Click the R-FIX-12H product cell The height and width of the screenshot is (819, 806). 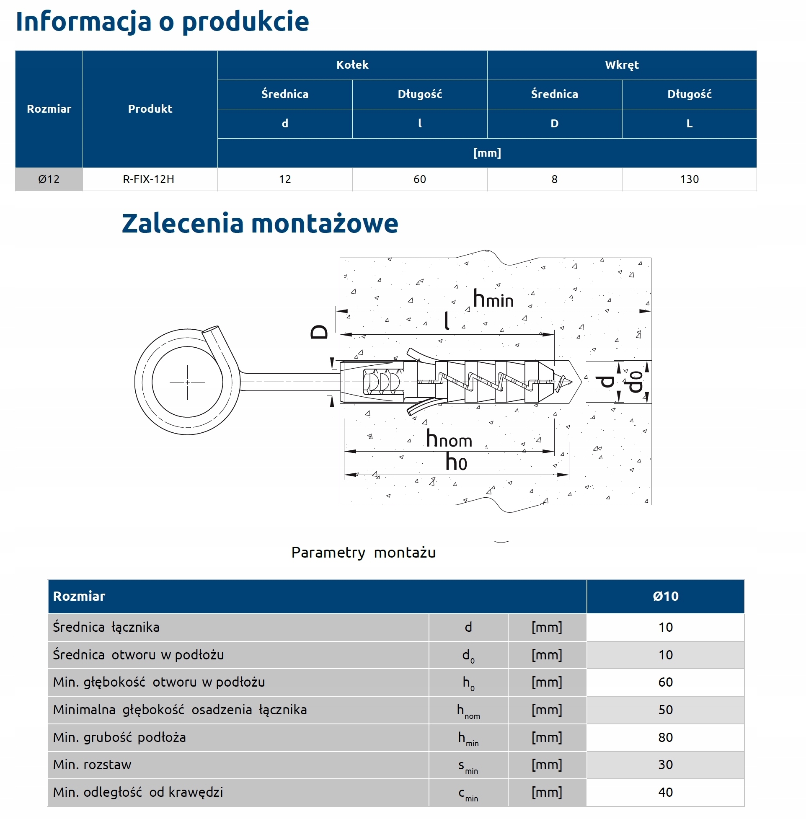[x=149, y=179]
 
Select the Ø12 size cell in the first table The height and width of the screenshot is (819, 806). [x=49, y=179]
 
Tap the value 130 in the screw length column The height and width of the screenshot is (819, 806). [x=689, y=179]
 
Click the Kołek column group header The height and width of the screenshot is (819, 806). [x=352, y=65]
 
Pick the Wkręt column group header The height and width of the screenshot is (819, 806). [x=621, y=65]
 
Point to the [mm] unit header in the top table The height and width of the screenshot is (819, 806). [x=487, y=153]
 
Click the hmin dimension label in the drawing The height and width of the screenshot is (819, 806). [x=493, y=299]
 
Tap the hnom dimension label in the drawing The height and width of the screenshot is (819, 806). [x=449, y=439]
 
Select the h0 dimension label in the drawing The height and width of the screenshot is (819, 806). [x=456, y=462]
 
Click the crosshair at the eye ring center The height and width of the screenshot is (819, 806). [x=187, y=382]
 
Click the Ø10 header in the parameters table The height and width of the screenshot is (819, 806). [x=665, y=596]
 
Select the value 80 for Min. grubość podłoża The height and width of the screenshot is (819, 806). [x=665, y=737]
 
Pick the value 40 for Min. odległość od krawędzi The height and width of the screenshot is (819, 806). [x=665, y=792]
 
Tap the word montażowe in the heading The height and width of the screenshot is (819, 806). [x=325, y=223]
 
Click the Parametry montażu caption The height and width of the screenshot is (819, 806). [x=363, y=552]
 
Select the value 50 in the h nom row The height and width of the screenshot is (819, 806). [x=665, y=710]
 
